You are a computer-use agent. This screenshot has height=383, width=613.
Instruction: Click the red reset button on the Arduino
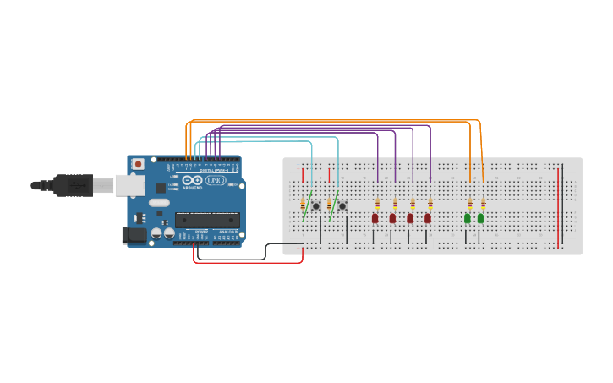(x=137, y=163)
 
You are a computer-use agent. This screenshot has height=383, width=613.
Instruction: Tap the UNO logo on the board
(x=216, y=180)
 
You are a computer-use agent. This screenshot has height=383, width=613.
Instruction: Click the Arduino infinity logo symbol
(x=192, y=180)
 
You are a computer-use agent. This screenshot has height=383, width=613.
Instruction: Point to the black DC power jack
(x=134, y=234)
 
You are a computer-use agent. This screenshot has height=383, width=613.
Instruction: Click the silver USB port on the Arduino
(x=129, y=184)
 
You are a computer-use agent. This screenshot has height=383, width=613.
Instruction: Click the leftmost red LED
(x=375, y=218)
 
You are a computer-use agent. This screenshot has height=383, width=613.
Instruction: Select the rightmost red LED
(x=428, y=218)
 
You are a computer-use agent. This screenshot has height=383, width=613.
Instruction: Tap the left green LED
(x=467, y=218)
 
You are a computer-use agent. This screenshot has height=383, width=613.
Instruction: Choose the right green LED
(x=480, y=218)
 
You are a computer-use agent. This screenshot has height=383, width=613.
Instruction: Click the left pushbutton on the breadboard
(x=316, y=205)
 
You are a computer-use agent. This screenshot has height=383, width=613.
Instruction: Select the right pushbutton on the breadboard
(x=342, y=205)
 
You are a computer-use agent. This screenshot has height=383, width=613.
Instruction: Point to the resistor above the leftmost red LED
(x=377, y=203)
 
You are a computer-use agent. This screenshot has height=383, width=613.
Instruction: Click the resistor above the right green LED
(x=483, y=203)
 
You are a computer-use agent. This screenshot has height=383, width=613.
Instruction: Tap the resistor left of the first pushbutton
(x=303, y=204)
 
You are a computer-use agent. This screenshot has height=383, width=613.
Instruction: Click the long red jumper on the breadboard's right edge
(x=558, y=207)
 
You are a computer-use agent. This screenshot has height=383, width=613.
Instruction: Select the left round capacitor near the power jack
(x=157, y=232)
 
